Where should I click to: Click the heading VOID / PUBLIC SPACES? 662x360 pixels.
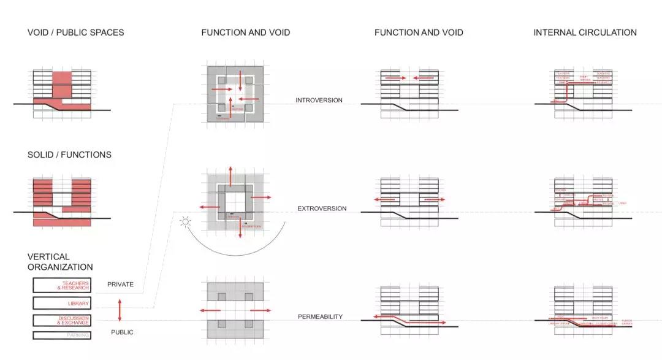[75, 33]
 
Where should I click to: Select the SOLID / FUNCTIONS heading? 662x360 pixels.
[69, 155]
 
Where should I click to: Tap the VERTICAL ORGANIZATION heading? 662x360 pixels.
[60, 262]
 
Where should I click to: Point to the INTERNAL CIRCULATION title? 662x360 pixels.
[585, 33]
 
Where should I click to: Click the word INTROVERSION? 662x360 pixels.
[319, 101]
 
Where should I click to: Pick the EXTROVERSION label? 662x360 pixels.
[322, 209]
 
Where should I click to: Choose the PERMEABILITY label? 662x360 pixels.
[320, 317]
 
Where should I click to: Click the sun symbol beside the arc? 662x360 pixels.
[184, 221]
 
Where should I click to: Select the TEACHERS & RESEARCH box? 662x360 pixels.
[61, 285]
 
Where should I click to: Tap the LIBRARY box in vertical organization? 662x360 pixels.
[61, 303]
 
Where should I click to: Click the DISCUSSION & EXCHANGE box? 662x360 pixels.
[61, 320]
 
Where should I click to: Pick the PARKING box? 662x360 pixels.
[61, 335]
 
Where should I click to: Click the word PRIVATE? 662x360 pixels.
[120, 285]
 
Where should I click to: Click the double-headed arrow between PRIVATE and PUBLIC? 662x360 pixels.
[120, 310]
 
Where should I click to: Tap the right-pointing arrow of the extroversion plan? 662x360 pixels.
[261, 197]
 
